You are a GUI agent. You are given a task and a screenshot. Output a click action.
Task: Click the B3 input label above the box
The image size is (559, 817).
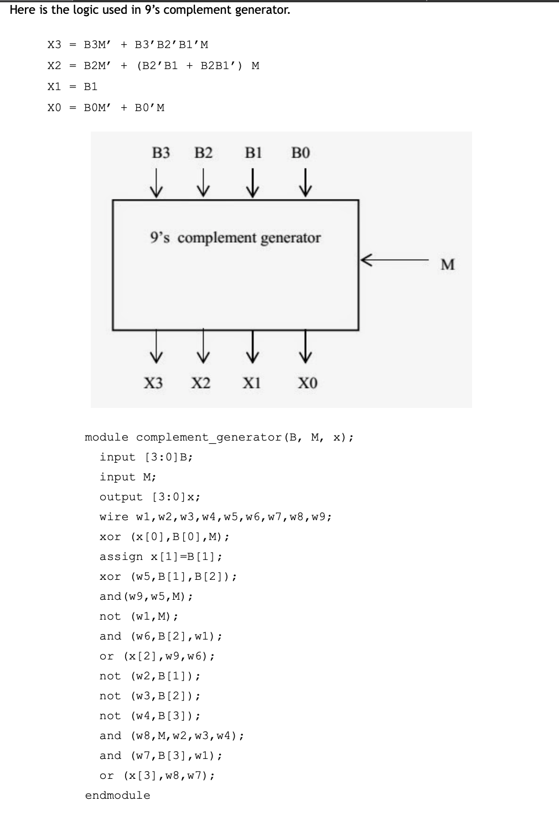point(161,153)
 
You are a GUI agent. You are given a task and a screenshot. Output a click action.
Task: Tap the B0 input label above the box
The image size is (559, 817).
point(301,153)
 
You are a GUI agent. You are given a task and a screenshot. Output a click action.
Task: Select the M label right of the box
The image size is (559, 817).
point(447,265)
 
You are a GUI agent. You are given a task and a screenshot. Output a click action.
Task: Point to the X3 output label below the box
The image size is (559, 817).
point(153,383)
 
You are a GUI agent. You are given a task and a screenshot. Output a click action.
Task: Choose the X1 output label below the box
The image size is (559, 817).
point(251,383)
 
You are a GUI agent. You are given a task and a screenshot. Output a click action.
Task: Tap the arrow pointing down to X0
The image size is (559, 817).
point(305,347)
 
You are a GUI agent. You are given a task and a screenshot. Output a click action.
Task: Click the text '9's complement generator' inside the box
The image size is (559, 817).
point(235,238)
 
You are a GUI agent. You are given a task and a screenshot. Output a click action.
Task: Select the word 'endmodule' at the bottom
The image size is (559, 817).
point(117,795)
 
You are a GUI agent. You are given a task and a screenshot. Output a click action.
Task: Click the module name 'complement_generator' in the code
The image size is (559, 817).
point(209,437)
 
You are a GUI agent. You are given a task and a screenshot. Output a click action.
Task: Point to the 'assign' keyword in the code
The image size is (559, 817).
point(121,557)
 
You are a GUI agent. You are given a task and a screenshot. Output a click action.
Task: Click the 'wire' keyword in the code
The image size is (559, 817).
point(113,517)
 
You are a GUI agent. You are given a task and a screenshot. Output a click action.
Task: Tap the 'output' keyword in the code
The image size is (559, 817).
point(121,497)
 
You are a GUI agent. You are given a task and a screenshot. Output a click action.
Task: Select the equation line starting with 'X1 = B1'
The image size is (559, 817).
point(73,87)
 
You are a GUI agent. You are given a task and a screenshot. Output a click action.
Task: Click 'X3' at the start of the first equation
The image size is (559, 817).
point(54,45)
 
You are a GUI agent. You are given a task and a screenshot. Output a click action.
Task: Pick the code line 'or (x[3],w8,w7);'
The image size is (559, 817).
point(157,776)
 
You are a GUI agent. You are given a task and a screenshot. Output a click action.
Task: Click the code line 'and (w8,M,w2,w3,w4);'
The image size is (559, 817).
point(172,736)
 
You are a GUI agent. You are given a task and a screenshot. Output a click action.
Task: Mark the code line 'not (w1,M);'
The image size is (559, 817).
point(139,616)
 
